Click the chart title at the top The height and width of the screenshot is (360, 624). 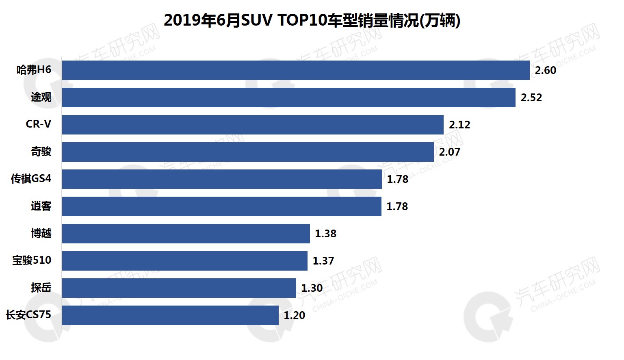click(x=312, y=20)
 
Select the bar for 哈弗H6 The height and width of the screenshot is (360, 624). click(x=296, y=70)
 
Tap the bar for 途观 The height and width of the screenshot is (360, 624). click(x=288, y=98)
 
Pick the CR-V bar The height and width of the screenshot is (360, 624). click(x=253, y=125)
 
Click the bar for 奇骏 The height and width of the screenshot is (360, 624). click(x=248, y=152)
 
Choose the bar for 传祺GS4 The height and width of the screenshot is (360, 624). click(x=222, y=179)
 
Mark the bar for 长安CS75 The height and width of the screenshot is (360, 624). click(x=170, y=315)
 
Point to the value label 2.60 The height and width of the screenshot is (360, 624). click(x=545, y=71)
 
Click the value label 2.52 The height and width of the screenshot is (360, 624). click(x=531, y=98)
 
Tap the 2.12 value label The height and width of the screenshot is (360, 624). click(x=459, y=125)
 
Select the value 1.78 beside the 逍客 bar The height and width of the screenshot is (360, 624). click(x=397, y=207)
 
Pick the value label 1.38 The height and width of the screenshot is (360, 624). click(x=325, y=234)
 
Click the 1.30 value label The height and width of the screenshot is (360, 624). click(x=312, y=288)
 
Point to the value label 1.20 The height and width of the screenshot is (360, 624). click(x=294, y=316)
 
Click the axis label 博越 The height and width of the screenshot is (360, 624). click(x=41, y=233)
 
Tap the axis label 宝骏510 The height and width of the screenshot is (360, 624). click(x=32, y=260)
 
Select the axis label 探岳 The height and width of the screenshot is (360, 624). click(x=41, y=288)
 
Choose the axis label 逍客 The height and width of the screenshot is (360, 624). click(x=41, y=206)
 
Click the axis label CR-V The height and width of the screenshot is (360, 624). click(x=38, y=124)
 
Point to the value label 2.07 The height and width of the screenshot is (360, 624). click(x=449, y=152)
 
